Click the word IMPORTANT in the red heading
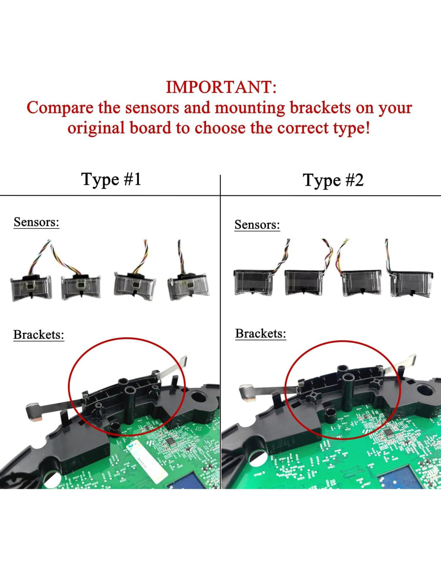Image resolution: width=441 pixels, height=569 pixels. (x=221, y=87)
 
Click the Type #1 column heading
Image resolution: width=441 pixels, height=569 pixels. (x=111, y=180)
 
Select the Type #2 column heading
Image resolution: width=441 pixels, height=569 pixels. (x=333, y=181)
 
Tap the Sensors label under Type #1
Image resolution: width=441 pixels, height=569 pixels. (x=36, y=222)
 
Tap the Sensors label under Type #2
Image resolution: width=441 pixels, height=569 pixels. (x=257, y=224)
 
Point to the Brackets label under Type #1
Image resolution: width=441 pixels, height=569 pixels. (x=39, y=335)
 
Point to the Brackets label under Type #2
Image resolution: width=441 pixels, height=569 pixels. (x=261, y=334)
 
